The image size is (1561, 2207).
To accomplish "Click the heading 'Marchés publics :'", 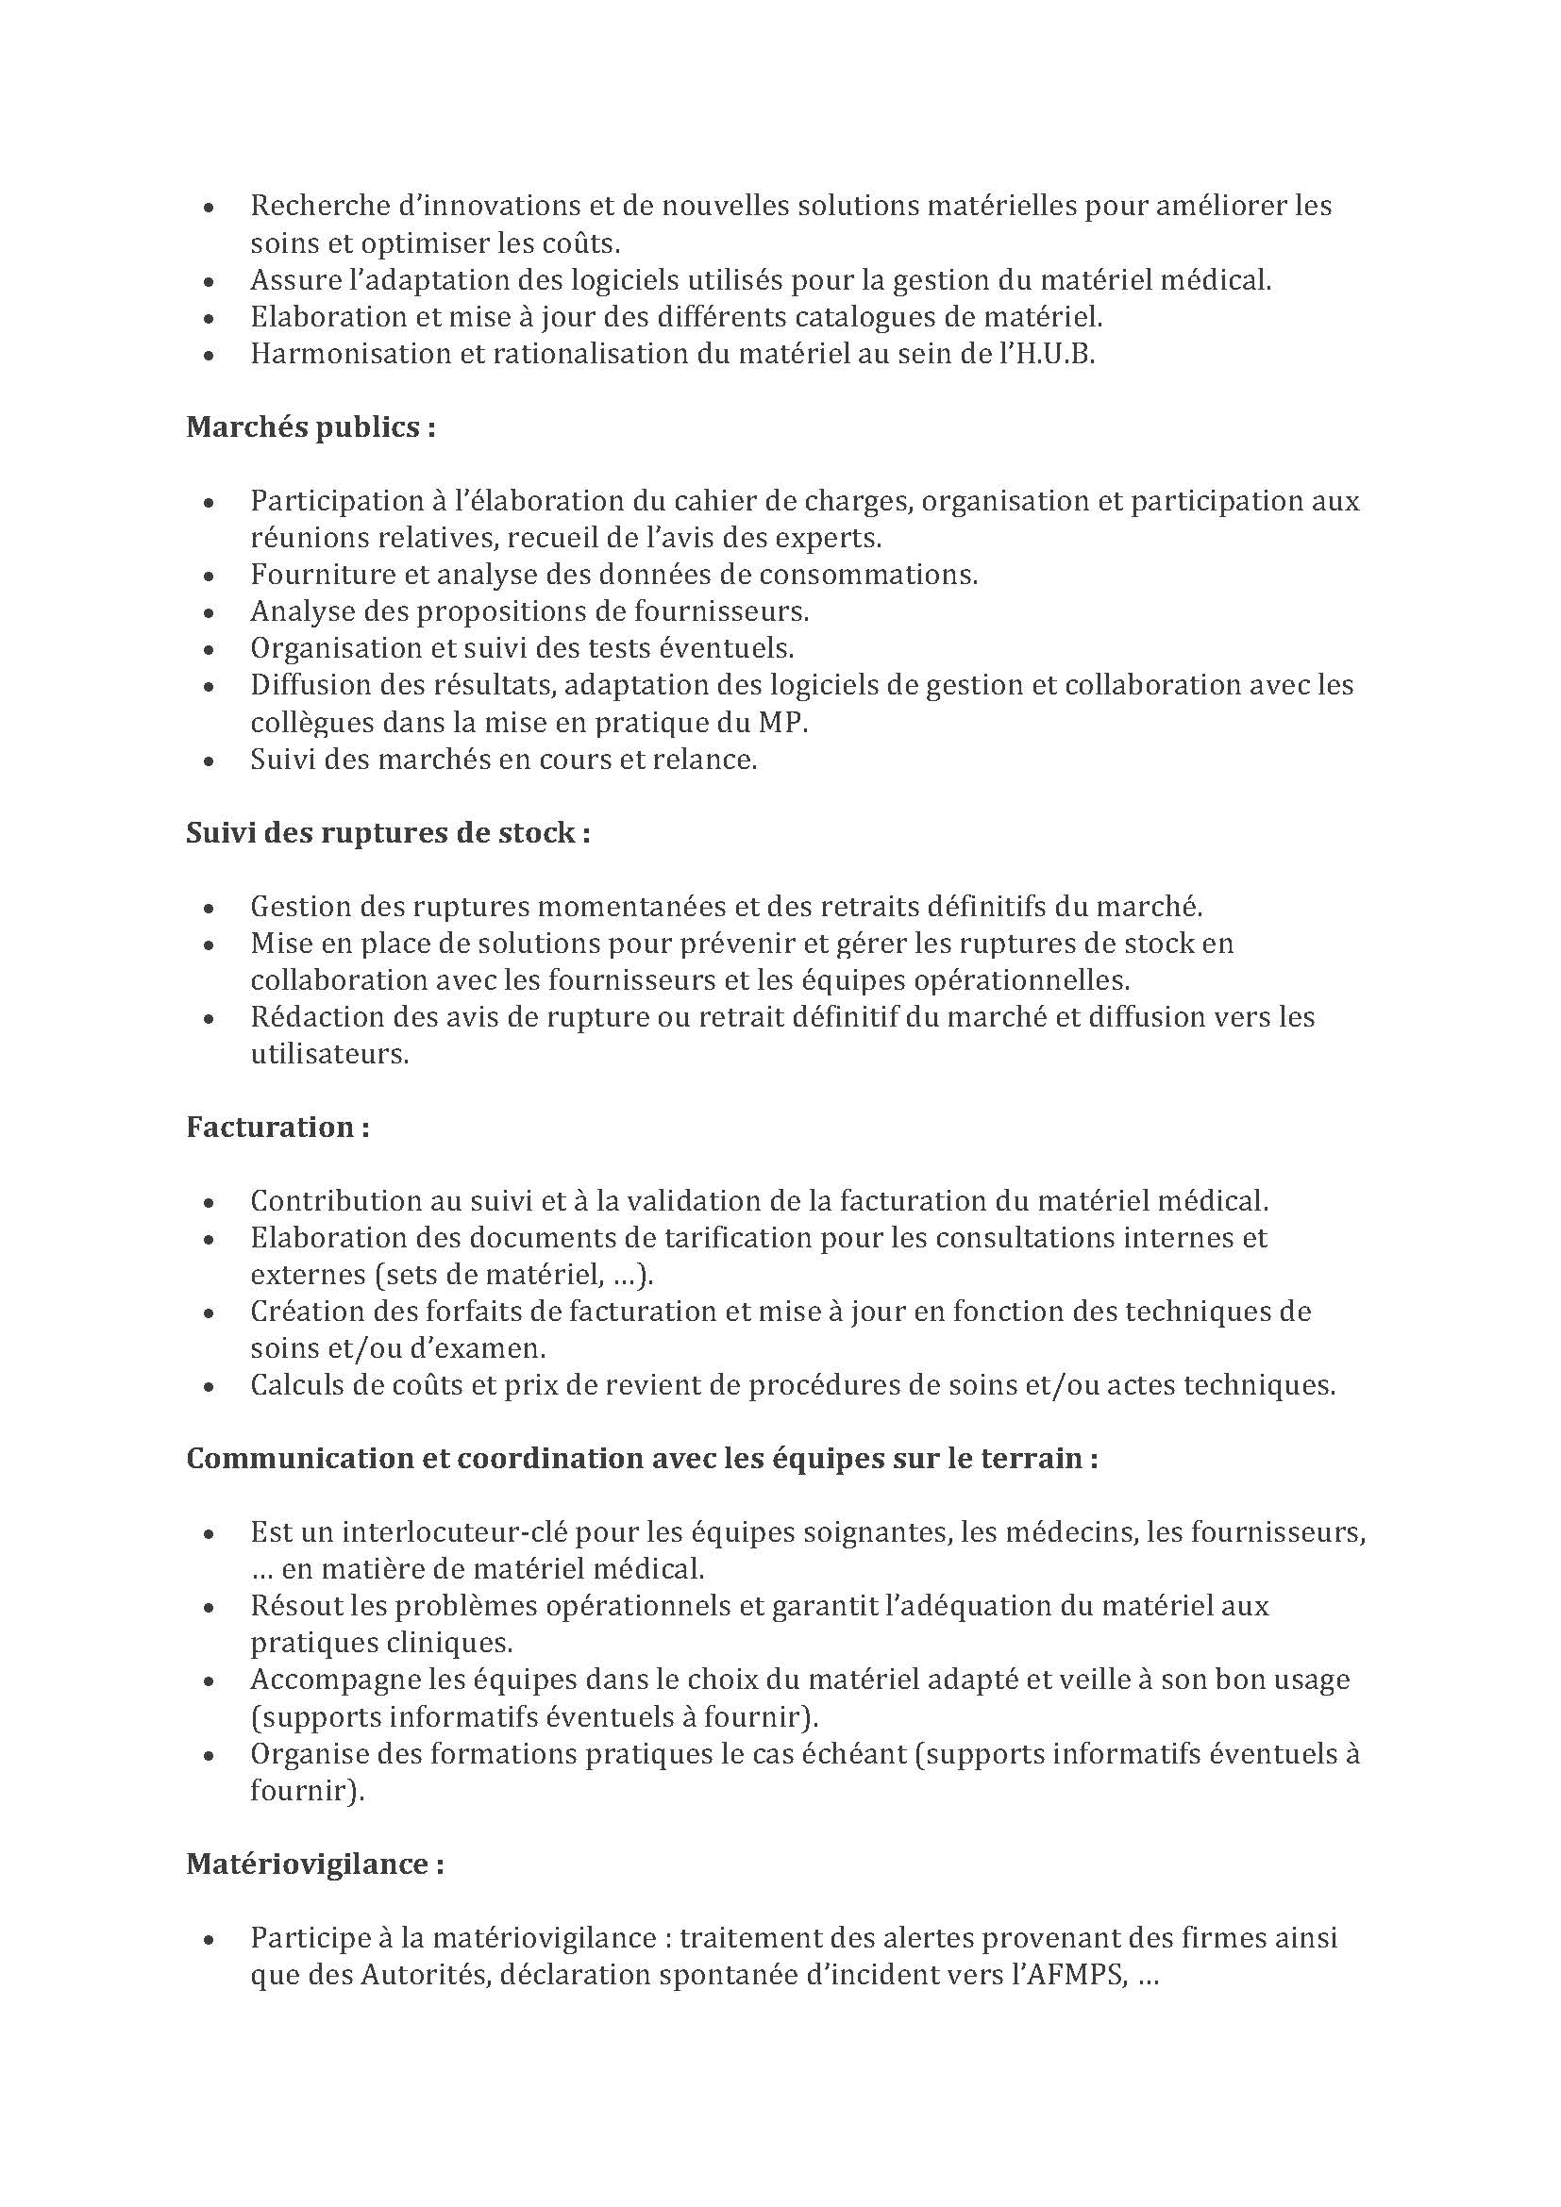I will [311, 426].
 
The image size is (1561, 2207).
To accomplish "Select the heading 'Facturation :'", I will [277, 1127].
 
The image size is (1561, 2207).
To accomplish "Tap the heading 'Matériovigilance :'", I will [315, 1864].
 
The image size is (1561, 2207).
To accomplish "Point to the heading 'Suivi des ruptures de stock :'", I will [387, 832].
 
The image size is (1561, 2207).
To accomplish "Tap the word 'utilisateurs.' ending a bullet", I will [329, 1054].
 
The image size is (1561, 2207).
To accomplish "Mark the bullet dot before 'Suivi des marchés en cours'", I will [209, 761].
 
